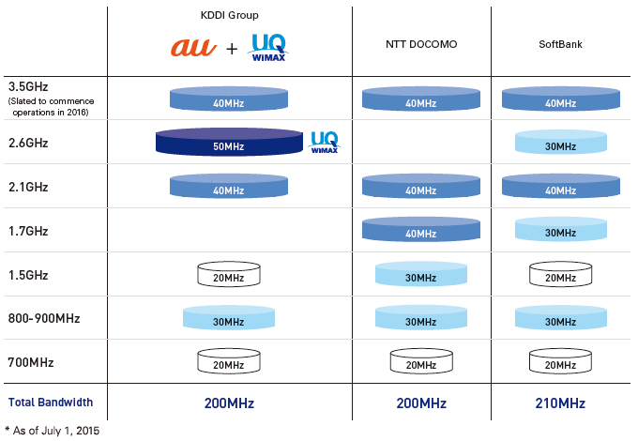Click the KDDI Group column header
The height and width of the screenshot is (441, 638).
tap(230, 15)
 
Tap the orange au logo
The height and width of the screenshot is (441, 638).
tap(193, 47)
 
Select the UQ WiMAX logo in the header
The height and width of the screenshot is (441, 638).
tap(268, 47)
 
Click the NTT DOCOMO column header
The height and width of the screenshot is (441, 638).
tap(421, 44)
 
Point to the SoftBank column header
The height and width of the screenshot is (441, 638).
tap(560, 44)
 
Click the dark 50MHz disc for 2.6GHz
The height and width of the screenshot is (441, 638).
tap(229, 142)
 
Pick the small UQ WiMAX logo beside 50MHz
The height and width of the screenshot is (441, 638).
tap(325, 142)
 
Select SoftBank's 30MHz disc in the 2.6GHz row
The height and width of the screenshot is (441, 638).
tap(561, 142)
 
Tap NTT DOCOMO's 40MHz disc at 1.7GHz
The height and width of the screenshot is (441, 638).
tap(421, 229)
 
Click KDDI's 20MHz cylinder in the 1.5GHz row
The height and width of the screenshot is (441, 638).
tap(229, 274)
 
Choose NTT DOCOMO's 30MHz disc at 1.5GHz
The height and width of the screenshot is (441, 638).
tap(421, 274)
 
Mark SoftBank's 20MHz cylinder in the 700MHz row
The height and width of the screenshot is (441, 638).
tap(560, 361)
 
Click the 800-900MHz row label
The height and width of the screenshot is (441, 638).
tap(44, 318)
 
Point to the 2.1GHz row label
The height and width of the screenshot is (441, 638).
tap(28, 187)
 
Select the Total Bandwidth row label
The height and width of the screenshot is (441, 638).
tap(51, 403)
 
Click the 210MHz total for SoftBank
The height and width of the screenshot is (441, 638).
tap(560, 403)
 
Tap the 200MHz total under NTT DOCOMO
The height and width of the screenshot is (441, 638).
tap(421, 403)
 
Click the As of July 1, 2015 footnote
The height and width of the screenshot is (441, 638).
tap(53, 431)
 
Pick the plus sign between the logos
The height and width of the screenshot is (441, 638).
tap(232, 49)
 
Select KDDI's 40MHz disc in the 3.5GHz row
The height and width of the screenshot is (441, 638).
tap(229, 99)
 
